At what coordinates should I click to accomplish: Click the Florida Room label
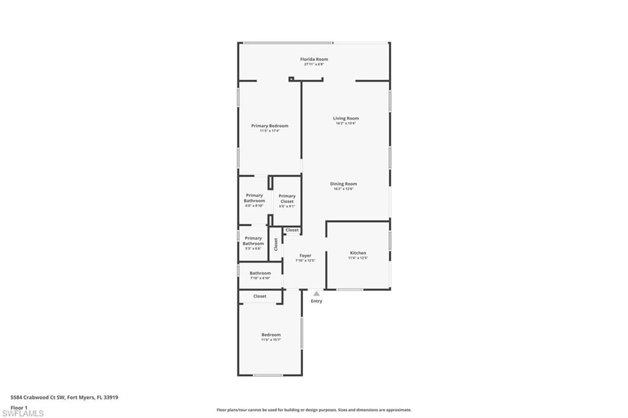coord(313,60)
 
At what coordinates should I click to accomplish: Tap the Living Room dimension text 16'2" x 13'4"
coord(346,123)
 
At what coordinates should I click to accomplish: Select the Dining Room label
coord(343,184)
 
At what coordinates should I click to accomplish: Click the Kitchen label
coord(358,253)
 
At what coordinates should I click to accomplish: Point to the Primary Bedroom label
coord(269,126)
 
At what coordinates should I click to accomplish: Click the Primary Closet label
coord(287,198)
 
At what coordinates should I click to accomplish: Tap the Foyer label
coord(305,255)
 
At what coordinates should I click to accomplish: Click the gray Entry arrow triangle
coord(316,294)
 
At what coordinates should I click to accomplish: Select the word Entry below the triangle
coord(316,301)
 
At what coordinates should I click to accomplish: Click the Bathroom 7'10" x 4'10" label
coord(260,273)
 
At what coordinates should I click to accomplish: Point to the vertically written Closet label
coord(276,244)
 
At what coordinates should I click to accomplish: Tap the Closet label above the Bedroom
coord(260,296)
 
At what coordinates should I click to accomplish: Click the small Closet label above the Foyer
coord(292,230)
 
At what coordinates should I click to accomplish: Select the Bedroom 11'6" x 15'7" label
coord(270,335)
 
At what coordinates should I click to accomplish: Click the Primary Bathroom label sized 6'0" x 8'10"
coord(255,198)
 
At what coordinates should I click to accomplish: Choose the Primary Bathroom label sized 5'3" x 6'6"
coord(253,241)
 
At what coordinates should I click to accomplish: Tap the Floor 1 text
coord(20,408)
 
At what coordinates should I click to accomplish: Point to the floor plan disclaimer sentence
coord(313,410)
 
